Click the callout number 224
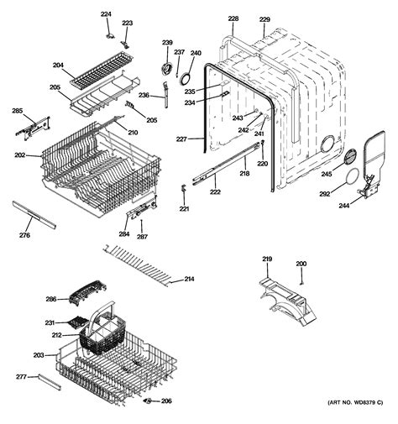tap(106, 14)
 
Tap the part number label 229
tap(264, 19)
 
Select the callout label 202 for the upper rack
tap(19, 155)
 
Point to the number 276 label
tap(24, 235)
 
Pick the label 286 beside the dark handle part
tap(50, 299)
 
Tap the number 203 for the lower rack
tap(38, 355)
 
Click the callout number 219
tap(267, 259)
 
